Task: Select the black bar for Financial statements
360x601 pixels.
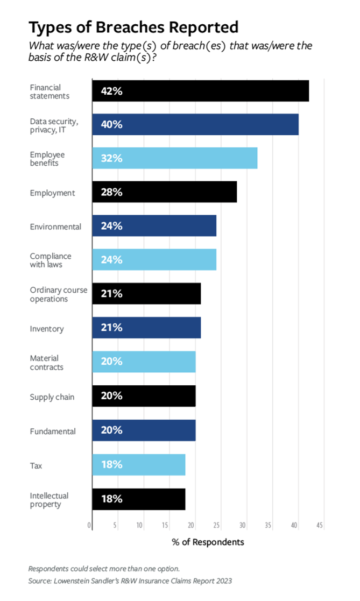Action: pos(200,91)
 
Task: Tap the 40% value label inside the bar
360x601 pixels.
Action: pos(112,125)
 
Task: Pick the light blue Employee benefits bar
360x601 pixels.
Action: pos(174,159)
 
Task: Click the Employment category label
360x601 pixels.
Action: pos(52,193)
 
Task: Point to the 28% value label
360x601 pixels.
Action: pos(112,193)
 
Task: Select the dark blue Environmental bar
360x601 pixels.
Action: pos(154,226)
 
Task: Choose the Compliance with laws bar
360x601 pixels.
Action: pos(154,260)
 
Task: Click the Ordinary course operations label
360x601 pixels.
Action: pos(58,294)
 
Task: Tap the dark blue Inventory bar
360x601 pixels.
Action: pos(146,328)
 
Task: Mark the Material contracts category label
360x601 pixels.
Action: pos(46,363)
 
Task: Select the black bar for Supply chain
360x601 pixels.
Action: pos(144,396)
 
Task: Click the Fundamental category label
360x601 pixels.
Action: pos(53,431)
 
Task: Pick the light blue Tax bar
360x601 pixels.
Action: pos(138,465)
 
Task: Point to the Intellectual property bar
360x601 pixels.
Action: pos(138,499)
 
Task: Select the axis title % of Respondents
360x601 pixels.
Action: pos(208,542)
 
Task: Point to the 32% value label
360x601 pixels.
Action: pos(112,159)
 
